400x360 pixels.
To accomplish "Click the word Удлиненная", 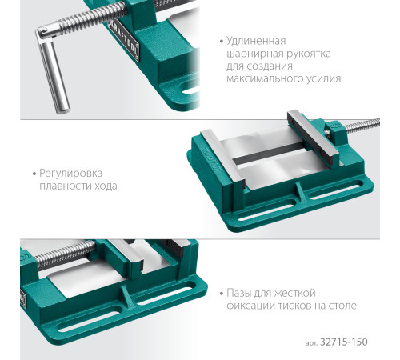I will [x=255, y=40].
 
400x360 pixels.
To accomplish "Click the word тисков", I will [x=300, y=306].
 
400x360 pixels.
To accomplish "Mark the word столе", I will [x=342, y=306].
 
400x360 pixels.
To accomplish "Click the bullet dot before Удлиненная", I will [x=220, y=41].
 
